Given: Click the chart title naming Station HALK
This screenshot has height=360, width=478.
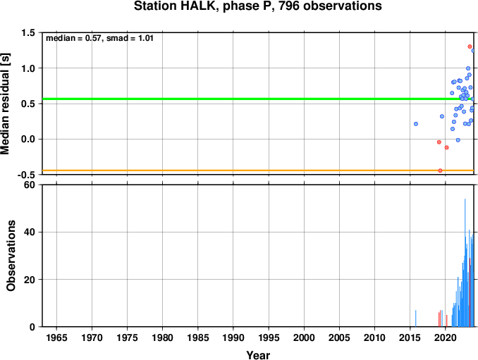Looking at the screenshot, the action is click(257, 6).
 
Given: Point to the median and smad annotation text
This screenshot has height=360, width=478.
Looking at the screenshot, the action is click(99, 38).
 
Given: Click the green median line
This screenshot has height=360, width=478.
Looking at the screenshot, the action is click(257, 99).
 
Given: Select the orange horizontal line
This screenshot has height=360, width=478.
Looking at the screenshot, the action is click(257, 170).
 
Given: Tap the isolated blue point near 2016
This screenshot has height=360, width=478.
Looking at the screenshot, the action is click(416, 124).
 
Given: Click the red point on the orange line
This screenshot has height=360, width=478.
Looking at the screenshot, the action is click(440, 170).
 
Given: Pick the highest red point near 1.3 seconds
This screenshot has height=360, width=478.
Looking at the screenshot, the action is click(470, 46).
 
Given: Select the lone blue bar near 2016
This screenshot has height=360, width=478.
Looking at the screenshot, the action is click(415, 318).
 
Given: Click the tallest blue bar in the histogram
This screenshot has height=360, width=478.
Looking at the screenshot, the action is click(465, 263).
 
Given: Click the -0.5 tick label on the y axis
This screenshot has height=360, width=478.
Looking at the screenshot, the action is click(26, 175).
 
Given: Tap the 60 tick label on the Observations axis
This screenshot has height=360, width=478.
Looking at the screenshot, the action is click(30, 185).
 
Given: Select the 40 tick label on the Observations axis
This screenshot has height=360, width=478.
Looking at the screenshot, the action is click(30, 232).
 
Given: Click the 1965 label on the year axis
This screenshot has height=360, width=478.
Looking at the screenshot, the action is click(56, 337).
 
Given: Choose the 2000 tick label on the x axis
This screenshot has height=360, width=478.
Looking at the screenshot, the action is click(304, 337).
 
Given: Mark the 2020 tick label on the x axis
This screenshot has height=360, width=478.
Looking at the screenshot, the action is click(445, 337).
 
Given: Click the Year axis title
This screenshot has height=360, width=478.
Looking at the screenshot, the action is click(258, 355).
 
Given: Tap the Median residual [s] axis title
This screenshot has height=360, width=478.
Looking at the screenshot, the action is click(5, 104).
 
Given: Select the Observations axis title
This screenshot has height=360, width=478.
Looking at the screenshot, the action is click(11, 256).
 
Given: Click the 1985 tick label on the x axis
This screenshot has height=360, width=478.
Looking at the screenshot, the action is click(198, 337).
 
